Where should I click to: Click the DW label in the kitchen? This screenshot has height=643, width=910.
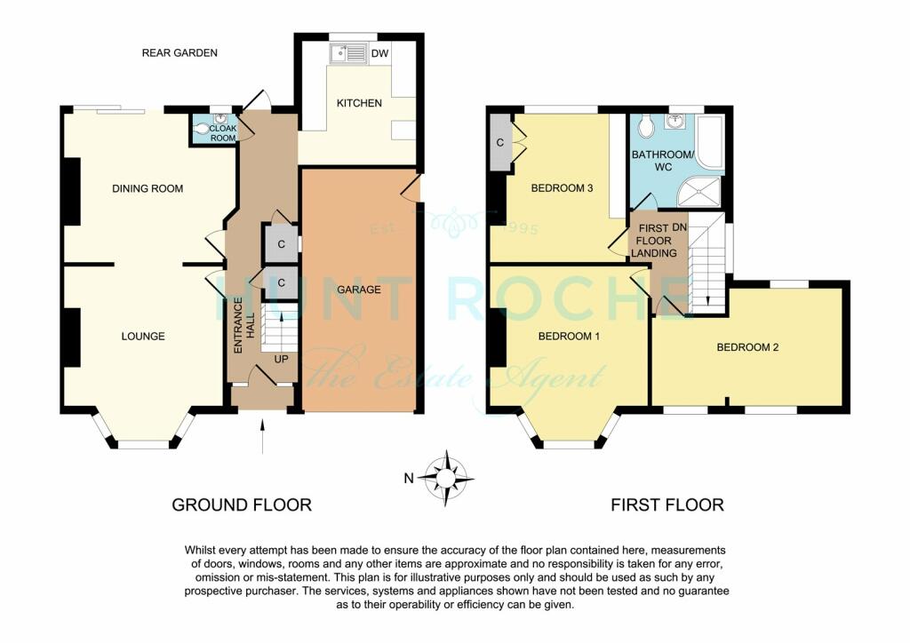(379, 54)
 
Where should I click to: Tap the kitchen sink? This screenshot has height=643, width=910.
(347, 53)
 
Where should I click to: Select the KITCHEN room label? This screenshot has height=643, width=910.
(359, 103)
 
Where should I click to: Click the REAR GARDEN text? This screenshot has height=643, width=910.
(180, 52)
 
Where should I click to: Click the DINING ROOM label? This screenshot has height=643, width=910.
(148, 188)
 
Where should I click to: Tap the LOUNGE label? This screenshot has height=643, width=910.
(143, 337)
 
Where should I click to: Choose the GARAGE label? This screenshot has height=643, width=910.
(359, 290)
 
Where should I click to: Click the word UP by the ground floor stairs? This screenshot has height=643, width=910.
(281, 360)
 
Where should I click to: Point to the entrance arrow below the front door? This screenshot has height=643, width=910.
(263, 435)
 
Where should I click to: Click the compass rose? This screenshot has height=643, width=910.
(445, 479)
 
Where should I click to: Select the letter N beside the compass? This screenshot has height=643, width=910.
(409, 479)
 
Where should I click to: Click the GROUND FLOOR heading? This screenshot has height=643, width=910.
(242, 505)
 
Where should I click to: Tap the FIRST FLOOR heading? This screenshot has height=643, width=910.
(667, 505)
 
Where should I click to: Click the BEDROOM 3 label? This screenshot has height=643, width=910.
(562, 188)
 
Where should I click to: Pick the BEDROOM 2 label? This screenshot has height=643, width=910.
(747, 347)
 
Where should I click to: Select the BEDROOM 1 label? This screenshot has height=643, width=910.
(569, 337)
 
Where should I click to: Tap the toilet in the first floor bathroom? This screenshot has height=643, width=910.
(645, 125)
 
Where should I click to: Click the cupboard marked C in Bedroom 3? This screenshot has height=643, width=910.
(499, 143)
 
